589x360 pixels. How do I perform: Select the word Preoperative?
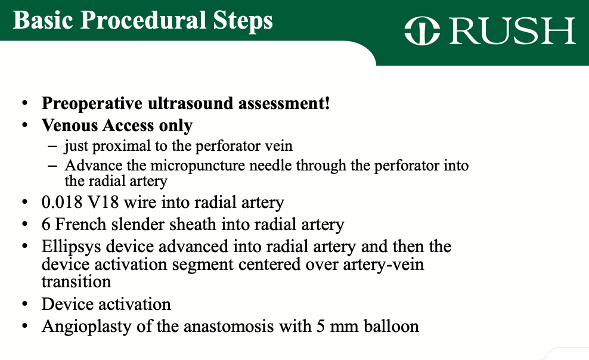(92, 104)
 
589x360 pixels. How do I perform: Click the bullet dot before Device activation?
(24, 305)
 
